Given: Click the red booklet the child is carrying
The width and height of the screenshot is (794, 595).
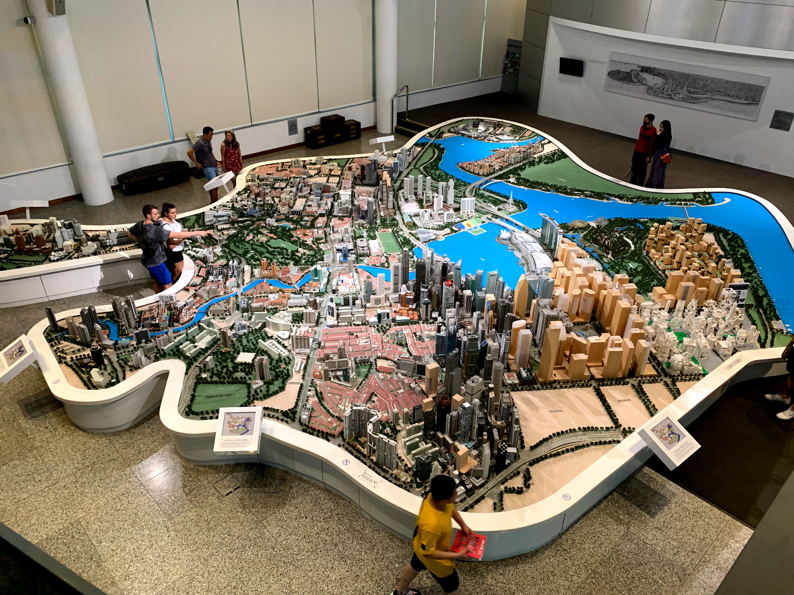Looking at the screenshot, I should tap(468, 544).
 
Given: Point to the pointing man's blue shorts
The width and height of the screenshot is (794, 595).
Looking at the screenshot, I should tap(159, 273).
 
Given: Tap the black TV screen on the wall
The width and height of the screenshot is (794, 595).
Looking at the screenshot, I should tap(571, 66).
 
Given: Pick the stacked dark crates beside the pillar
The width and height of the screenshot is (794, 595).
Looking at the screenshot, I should tap(332, 130).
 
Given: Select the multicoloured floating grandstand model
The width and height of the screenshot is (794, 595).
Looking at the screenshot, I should tap(468, 226).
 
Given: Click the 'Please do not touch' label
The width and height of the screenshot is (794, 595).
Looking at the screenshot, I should tap(219, 395).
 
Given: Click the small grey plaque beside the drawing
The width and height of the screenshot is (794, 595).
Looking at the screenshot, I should tap(782, 120).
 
